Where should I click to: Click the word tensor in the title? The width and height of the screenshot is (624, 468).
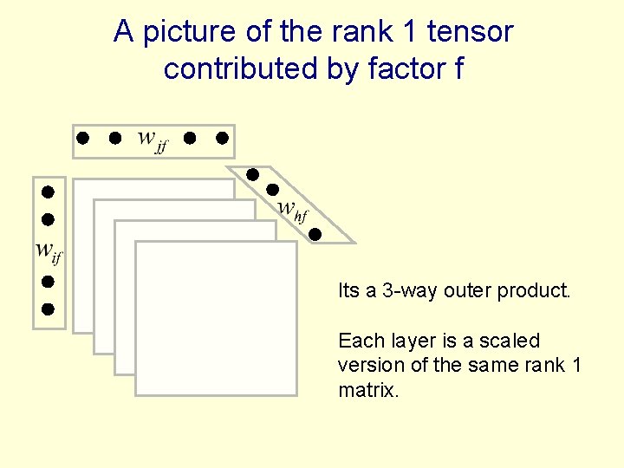471,32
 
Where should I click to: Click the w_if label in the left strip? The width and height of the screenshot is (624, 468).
49,251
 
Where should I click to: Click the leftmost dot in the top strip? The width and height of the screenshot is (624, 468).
82,138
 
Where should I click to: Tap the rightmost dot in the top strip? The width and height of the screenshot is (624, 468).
222,138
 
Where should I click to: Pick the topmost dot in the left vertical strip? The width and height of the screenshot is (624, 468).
49,191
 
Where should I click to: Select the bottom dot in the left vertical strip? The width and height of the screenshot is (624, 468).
49,308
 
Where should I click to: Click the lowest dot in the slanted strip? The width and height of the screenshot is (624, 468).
315,233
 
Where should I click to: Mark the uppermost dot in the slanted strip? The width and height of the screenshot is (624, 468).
252,174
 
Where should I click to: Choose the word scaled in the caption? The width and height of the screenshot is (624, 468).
511,341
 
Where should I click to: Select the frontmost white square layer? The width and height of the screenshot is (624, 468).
216,318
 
